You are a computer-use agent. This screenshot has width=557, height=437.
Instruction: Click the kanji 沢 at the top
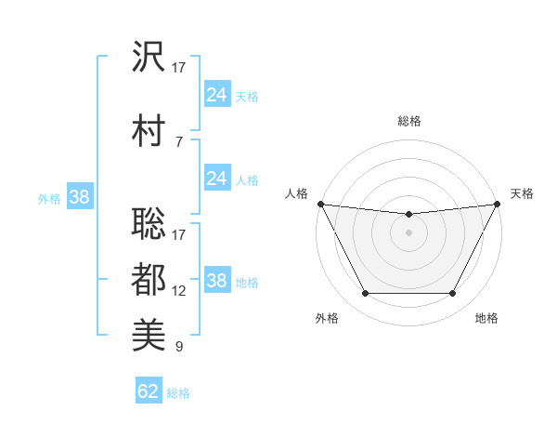[x=149, y=58]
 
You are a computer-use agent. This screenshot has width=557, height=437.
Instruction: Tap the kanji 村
[x=149, y=129]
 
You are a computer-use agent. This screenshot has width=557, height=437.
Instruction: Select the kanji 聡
[x=149, y=213]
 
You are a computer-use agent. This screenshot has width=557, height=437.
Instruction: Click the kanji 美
[x=149, y=336]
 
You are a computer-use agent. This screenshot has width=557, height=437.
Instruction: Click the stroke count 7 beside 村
[x=178, y=141]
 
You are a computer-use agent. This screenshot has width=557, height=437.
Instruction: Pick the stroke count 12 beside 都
[x=179, y=291]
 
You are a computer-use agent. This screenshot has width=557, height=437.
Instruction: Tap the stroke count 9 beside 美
[x=178, y=348]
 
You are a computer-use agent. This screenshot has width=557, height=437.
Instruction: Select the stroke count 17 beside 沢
[x=179, y=68]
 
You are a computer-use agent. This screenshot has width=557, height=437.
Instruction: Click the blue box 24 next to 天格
[x=216, y=95]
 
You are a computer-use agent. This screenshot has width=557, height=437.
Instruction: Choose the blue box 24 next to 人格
[x=216, y=178]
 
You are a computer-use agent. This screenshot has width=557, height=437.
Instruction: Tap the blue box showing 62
[x=149, y=391]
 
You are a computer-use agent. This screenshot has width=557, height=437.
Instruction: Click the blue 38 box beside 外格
[x=79, y=196]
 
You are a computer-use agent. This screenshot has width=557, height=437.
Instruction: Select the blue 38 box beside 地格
[x=216, y=281]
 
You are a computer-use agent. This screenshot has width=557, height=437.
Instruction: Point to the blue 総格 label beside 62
[x=178, y=393]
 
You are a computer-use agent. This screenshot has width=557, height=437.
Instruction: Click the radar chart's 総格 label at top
[x=408, y=121]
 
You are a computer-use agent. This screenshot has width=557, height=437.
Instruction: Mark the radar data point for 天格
[x=498, y=204]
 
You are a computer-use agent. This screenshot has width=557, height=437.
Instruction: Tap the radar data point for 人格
[x=320, y=204]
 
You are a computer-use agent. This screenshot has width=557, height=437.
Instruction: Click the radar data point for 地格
[x=452, y=294]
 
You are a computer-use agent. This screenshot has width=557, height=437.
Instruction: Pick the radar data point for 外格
[x=365, y=294]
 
